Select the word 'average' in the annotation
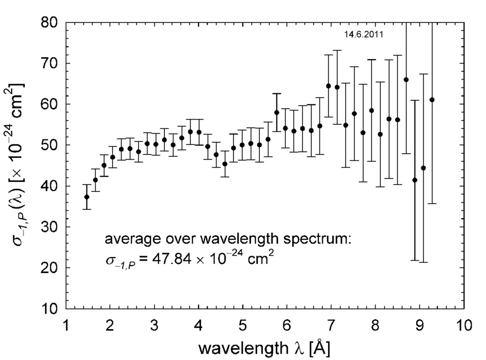(126, 241)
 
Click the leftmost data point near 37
(86, 197)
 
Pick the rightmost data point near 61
(432, 100)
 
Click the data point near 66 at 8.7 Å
(406, 79)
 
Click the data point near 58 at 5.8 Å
(276, 113)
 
